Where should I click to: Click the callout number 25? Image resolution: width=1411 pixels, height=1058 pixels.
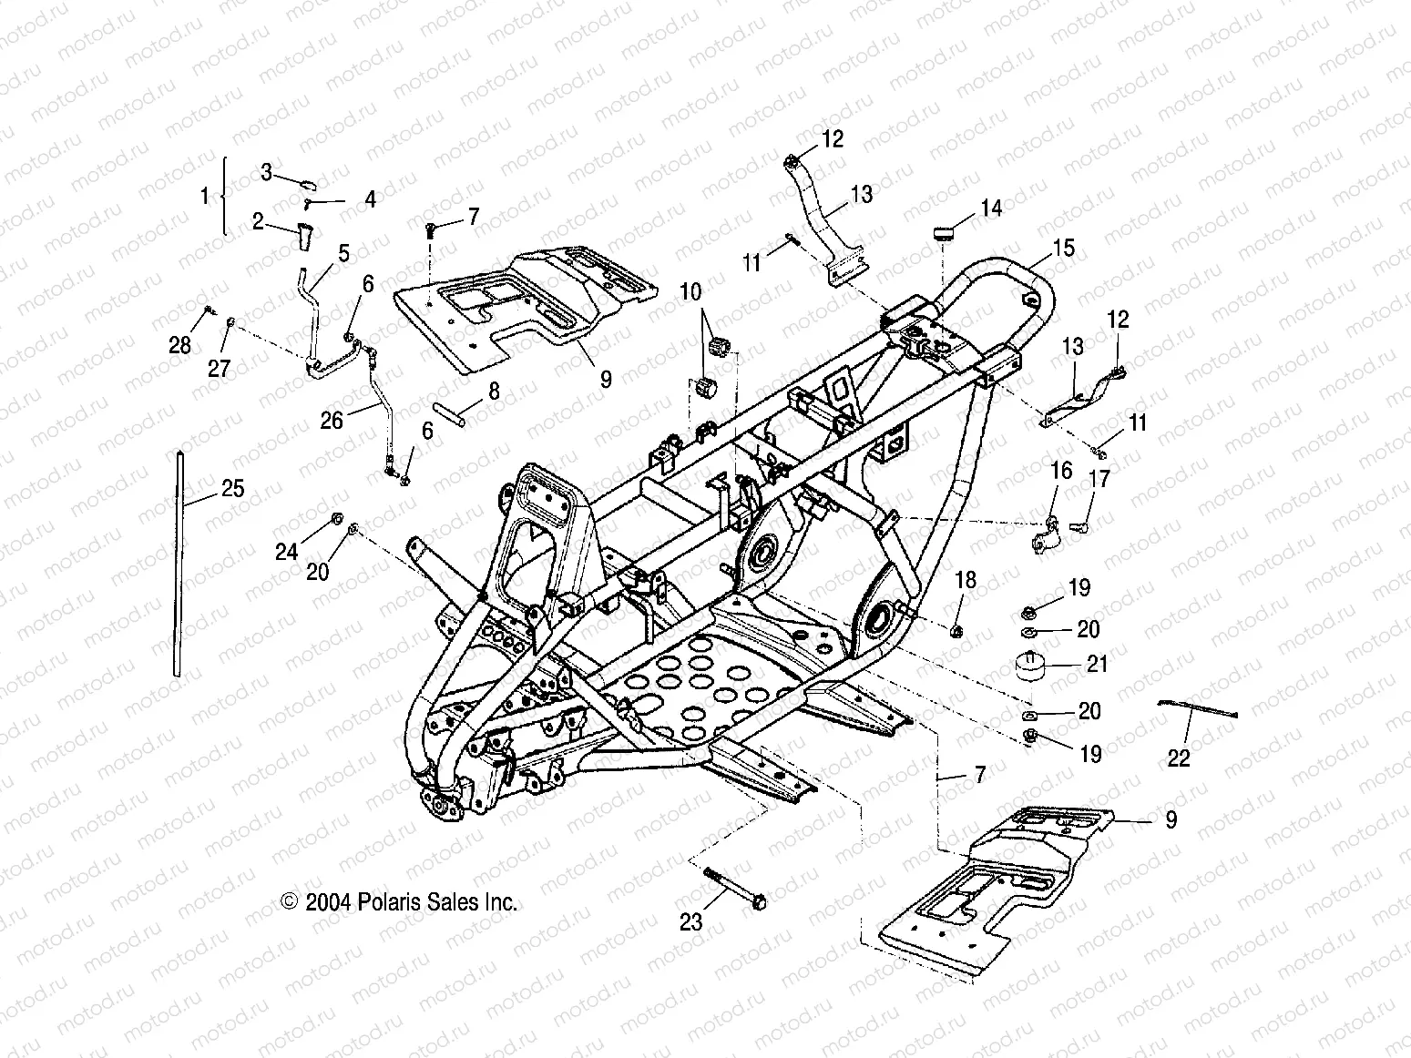233,489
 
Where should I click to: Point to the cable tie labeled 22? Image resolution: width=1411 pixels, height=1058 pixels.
1197,708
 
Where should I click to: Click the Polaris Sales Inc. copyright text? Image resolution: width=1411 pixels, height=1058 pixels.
400,901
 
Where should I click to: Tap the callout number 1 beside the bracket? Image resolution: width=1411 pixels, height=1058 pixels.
205,195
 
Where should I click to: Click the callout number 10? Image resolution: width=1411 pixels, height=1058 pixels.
690,292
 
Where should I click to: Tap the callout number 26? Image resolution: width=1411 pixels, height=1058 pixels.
332,421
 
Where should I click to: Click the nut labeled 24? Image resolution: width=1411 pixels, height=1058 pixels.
335,520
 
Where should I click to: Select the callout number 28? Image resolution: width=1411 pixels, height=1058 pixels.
180,345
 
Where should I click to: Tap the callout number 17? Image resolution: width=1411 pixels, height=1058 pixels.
1099,478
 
